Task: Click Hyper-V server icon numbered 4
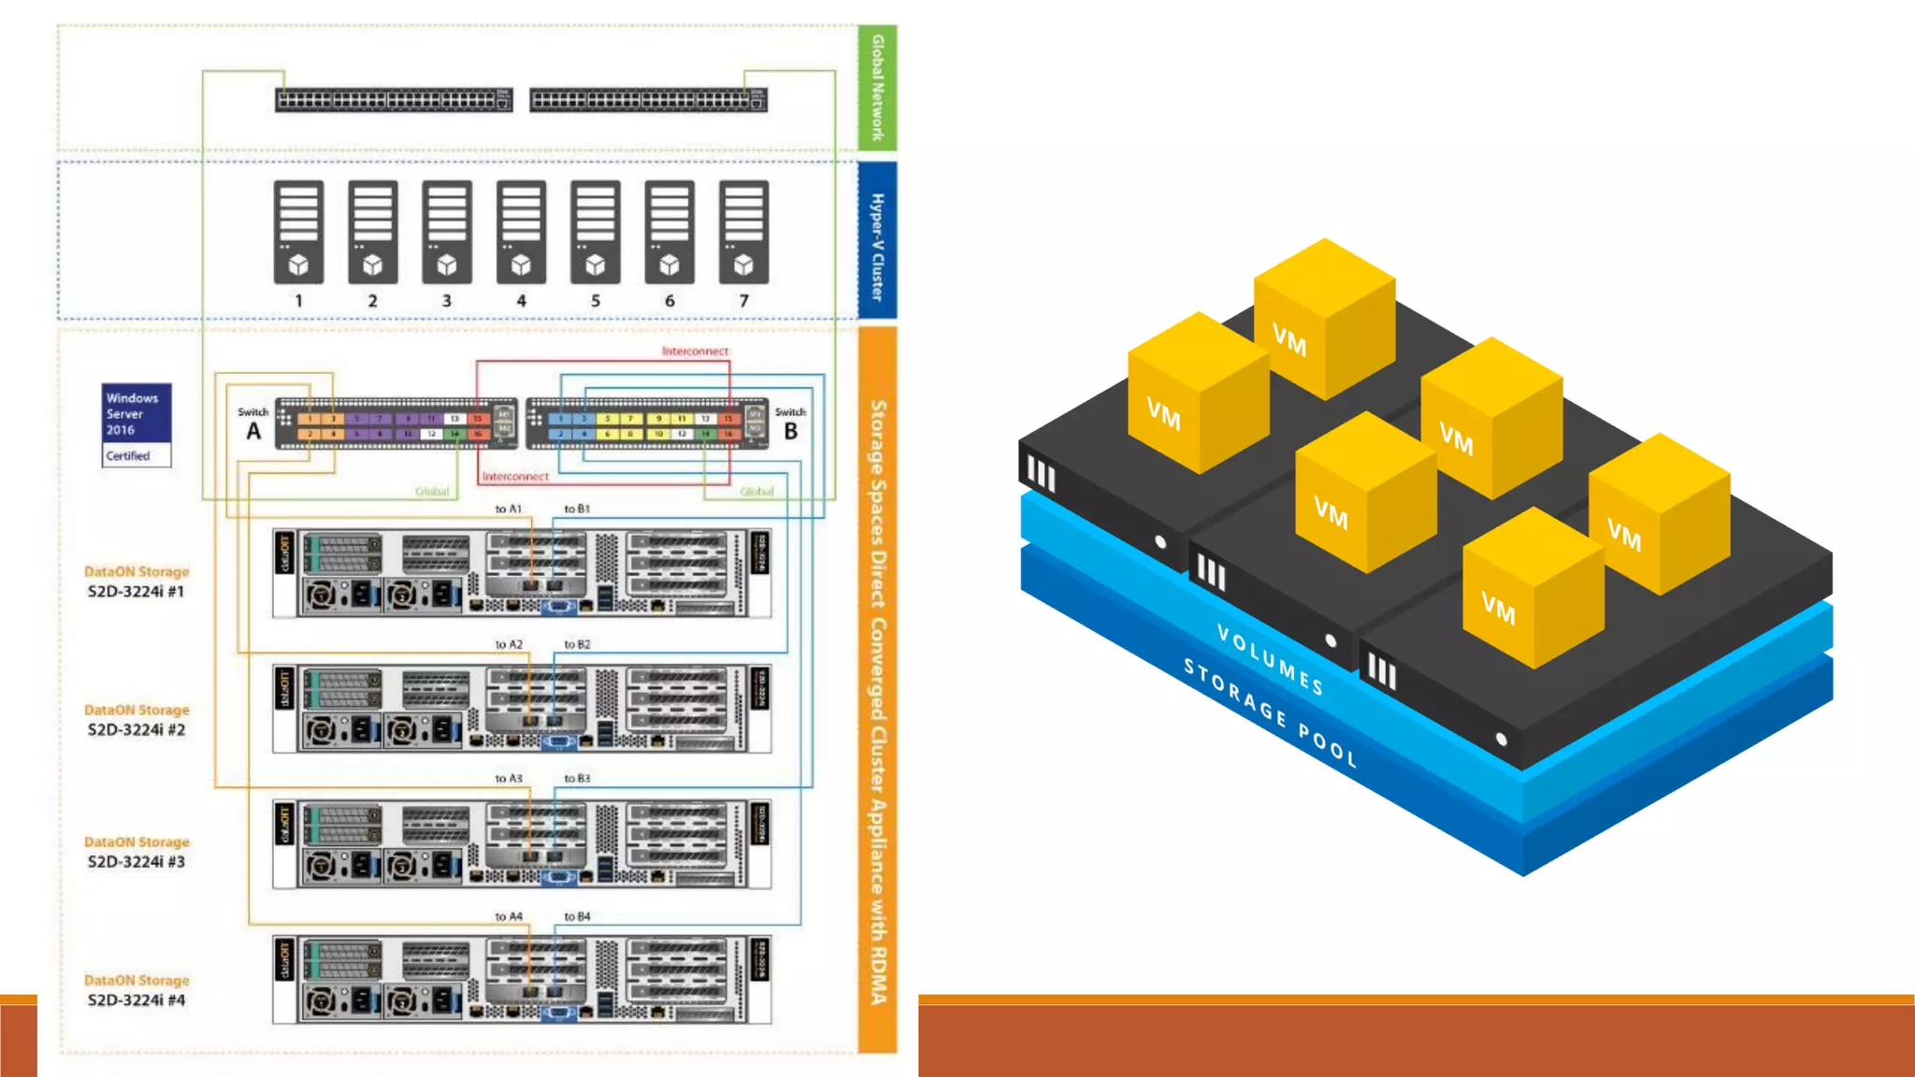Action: tap(521, 232)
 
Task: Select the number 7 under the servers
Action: tap(743, 301)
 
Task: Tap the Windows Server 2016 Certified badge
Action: tap(137, 425)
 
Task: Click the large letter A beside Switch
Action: tap(253, 432)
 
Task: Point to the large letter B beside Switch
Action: tap(791, 432)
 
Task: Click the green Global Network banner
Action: tap(877, 88)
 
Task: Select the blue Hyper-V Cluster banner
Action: tap(877, 241)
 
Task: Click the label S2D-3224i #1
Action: tap(137, 592)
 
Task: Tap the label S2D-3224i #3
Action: tap(137, 862)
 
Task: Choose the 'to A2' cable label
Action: tap(509, 645)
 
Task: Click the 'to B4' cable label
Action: tap(577, 917)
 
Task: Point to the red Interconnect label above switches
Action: tap(695, 352)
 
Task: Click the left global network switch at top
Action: tap(394, 100)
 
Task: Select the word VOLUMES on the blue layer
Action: tap(1270, 660)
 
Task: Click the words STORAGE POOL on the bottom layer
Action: tap(1270, 712)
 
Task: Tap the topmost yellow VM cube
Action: tap(1324, 318)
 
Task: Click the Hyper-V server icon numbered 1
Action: tap(298, 232)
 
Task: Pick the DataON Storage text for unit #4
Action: tap(137, 980)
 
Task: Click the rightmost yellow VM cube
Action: tap(1659, 514)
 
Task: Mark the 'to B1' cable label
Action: tap(577, 510)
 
